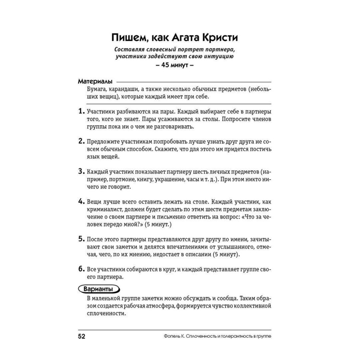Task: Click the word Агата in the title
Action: point(184,37)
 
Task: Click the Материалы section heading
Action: point(95,81)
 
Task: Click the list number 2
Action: point(81,141)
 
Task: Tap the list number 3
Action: point(81,171)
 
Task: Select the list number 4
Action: point(81,201)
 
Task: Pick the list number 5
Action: point(81,239)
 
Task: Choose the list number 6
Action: point(81,269)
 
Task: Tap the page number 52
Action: point(82,336)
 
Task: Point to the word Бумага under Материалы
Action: point(96,89)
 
